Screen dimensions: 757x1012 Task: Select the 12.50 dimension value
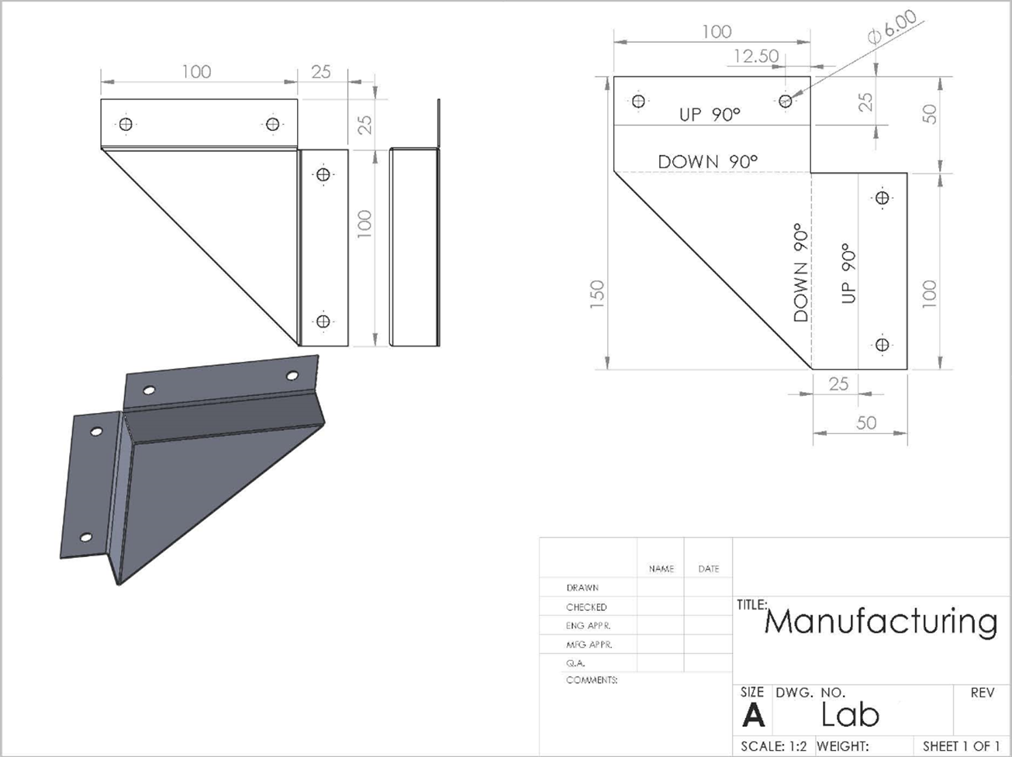[x=755, y=56]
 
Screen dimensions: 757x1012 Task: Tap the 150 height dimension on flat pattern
[x=596, y=295]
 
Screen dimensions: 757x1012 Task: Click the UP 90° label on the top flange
[x=710, y=114]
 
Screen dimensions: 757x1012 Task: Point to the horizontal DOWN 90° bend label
[x=707, y=161]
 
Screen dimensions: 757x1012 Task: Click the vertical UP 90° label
[x=848, y=273]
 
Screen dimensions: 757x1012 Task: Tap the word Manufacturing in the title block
[x=881, y=621]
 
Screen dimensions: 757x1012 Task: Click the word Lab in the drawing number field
[x=850, y=714]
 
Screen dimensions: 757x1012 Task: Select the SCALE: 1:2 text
[x=773, y=746]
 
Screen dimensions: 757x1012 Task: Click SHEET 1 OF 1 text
[x=961, y=746]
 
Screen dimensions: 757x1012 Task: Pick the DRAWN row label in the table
[x=582, y=588]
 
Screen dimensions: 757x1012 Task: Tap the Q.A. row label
[x=575, y=663]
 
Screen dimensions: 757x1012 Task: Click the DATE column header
[x=708, y=569]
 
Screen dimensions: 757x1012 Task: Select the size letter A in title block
[x=752, y=716]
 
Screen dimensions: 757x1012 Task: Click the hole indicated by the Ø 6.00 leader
[x=786, y=101]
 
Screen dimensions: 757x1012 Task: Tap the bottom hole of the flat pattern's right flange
[x=882, y=345]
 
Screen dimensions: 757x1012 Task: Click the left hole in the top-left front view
[x=126, y=124]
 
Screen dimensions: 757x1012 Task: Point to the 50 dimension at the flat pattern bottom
[x=865, y=422]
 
